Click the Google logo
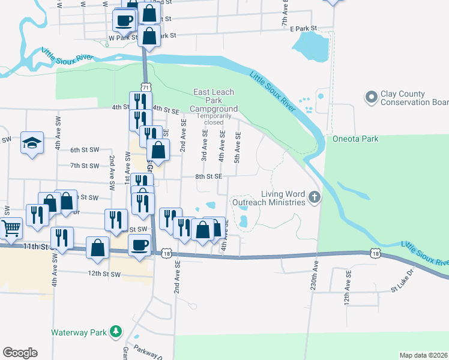[20, 353]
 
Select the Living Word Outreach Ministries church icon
[313, 197]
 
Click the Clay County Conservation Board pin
[371, 96]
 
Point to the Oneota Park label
[355, 139]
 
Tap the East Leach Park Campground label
[214, 100]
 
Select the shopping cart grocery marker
[11, 228]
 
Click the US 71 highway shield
[146, 86]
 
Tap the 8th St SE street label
[209, 177]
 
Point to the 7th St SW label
[84, 166]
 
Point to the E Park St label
[303, 28]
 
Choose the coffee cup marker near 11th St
[140, 245]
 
